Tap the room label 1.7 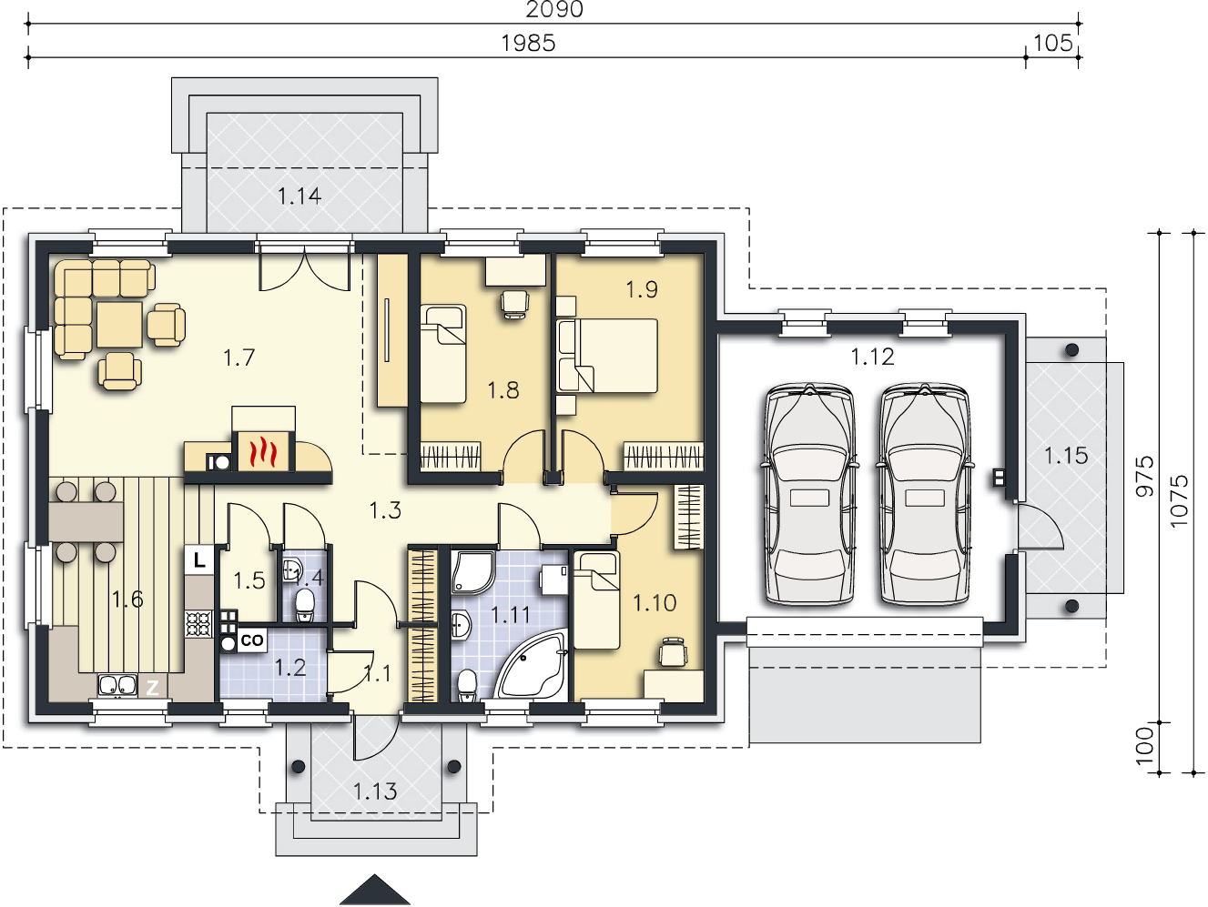[239, 358]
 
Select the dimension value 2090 [553, 9]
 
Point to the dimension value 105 [1053, 43]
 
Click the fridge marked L [199, 560]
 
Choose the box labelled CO [252, 640]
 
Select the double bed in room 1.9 [607, 356]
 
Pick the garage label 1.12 [872, 357]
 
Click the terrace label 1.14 [299, 196]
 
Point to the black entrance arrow [375, 890]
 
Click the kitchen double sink [117, 685]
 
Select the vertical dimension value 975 [1144, 476]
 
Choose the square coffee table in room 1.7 [119, 324]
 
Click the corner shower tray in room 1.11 [473, 571]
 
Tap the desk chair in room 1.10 [673, 652]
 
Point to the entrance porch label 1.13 [375, 791]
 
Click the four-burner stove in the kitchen [198, 624]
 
